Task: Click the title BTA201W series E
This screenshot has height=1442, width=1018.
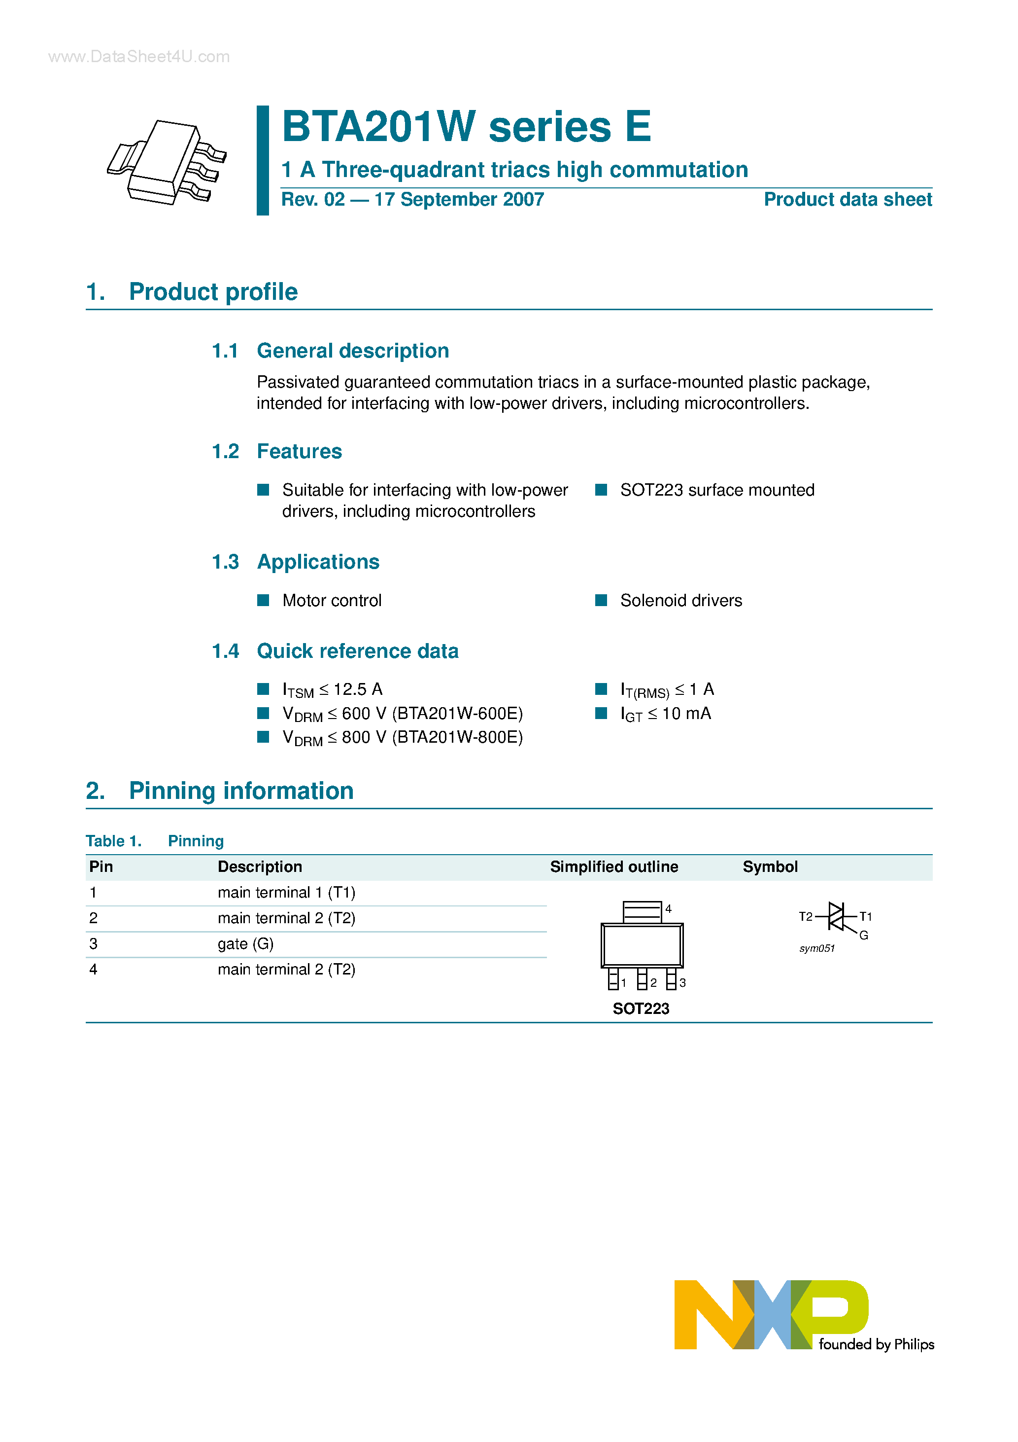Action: (466, 127)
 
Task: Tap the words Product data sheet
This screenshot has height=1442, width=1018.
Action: (848, 200)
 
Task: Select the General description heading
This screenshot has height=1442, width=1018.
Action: (353, 351)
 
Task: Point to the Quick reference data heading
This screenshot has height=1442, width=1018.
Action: (357, 651)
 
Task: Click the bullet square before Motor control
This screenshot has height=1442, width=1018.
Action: (264, 600)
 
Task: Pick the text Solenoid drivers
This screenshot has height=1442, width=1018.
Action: (680, 600)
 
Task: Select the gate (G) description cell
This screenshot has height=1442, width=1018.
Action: (245, 944)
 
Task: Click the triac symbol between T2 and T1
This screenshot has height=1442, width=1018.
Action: (837, 917)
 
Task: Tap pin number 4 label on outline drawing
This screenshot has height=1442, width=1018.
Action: (669, 909)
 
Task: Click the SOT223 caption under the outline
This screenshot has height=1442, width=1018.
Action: (641, 1009)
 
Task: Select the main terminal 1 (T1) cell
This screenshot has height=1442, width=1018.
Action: (286, 893)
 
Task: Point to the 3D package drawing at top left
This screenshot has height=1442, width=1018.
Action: (167, 162)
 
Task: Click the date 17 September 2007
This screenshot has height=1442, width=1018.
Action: (459, 200)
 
